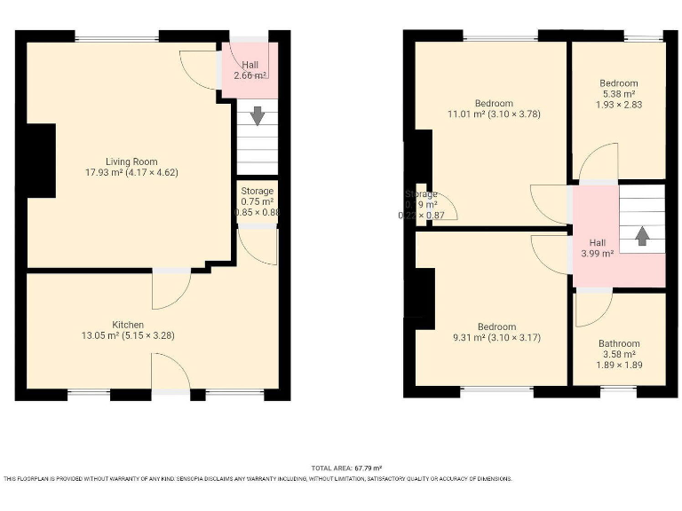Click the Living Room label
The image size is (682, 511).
(131, 161)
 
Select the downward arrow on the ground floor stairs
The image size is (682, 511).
(258, 115)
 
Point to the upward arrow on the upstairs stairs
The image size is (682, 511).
(641, 235)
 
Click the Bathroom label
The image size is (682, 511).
(618, 343)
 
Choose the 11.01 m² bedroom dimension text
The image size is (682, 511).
(494, 114)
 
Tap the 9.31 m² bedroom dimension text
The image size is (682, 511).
(495, 338)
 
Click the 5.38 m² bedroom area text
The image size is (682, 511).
(618, 94)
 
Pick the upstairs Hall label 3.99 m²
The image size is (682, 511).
(597, 254)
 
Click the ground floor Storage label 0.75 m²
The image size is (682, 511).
(258, 201)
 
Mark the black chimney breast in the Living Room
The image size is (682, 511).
(41, 160)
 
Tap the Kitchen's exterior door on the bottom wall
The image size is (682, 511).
(170, 373)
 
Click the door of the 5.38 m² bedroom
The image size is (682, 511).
(597, 164)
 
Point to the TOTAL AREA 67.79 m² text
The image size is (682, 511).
(346, 468)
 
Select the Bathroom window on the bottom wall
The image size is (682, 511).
(618, 389)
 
